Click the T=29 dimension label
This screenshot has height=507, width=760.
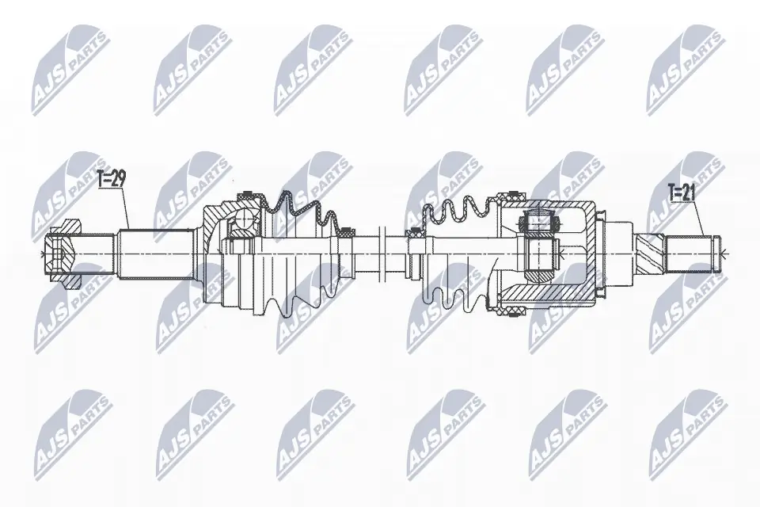point(112,179)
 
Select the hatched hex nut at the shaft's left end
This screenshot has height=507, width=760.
point(63,253)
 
